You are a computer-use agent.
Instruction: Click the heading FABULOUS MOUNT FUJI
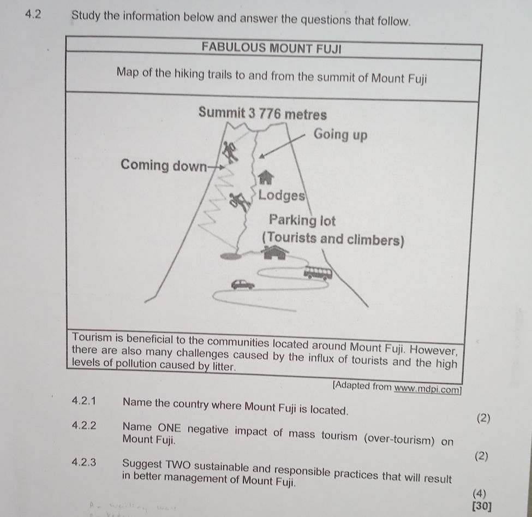click(271, 47)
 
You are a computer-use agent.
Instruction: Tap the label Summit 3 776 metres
click(262, 114)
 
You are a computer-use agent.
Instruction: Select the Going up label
click(340, 134)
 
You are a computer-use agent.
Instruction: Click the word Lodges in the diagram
click(281, 195)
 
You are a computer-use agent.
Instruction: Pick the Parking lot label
click(302, 221)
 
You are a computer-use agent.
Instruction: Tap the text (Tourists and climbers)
click(333, 240)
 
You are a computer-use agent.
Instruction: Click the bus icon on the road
click(318, 272)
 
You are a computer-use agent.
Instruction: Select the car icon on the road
click(243, 284)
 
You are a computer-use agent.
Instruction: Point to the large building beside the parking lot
click(276, 252)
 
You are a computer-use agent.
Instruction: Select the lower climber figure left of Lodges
click(239, 201)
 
